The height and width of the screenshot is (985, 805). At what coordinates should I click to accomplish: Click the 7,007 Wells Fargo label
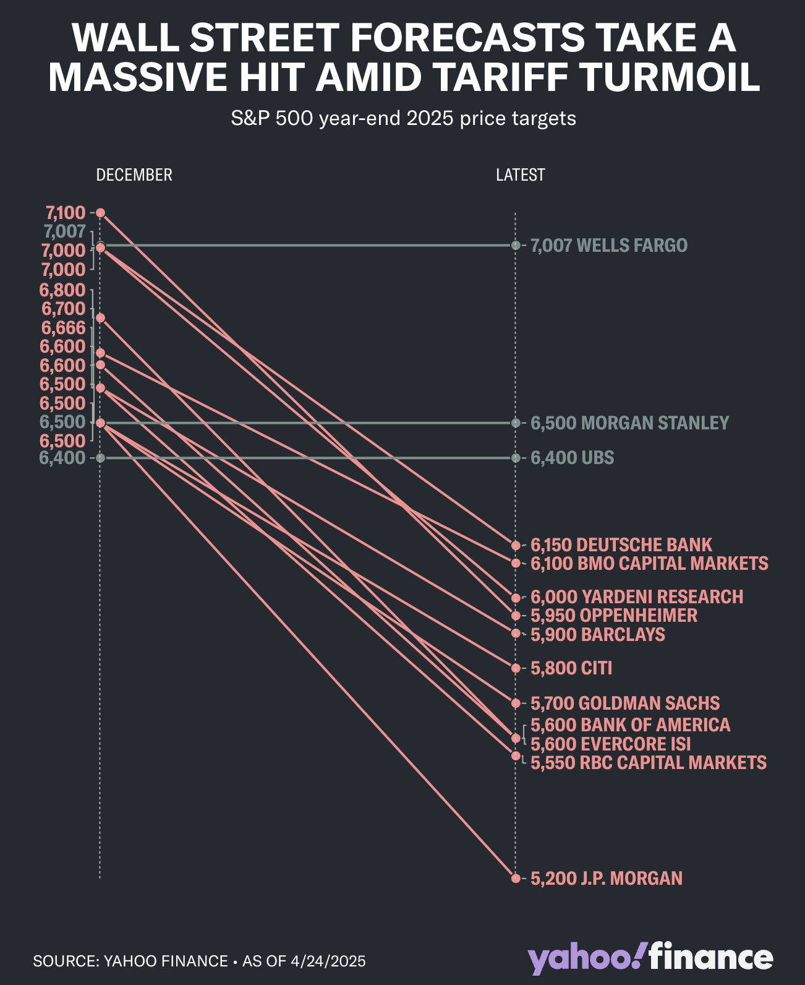[608, 246]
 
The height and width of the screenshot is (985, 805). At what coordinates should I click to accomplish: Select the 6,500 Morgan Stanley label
[629, 423]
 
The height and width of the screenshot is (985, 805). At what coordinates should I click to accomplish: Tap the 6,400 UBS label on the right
[572, 458]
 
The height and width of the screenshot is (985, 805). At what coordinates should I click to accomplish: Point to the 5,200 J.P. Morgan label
[606, 878]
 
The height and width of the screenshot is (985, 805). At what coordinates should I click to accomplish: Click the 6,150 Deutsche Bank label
[621, 545]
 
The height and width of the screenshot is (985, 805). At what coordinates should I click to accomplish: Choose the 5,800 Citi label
[571, 668]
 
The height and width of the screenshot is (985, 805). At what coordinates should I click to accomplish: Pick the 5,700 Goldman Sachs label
[624, 703]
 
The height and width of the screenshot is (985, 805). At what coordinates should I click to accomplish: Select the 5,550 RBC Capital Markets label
[648, 762]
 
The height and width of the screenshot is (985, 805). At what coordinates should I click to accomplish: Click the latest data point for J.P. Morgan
[516, 878]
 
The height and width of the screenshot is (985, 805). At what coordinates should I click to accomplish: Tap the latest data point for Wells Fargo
[516, 246]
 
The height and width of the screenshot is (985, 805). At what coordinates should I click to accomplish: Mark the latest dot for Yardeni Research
[516, 598]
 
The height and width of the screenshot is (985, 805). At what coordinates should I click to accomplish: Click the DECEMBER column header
[134, 175]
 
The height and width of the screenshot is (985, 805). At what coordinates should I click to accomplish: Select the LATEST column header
[520, 175]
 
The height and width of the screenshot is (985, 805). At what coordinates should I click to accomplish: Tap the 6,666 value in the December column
[63, 327]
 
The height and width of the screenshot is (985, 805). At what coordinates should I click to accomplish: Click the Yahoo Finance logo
[650, 958]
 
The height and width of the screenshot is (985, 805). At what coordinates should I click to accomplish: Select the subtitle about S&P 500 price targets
[403, 118]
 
